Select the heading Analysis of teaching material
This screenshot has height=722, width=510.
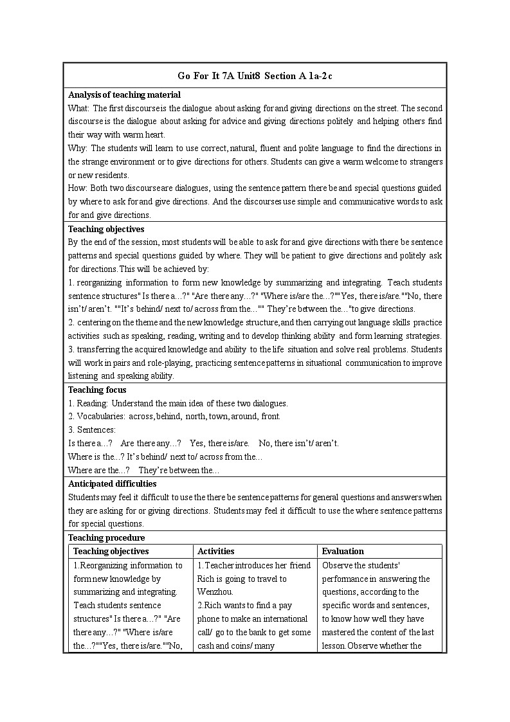point(116,95)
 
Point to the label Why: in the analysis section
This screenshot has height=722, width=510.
point(78,148)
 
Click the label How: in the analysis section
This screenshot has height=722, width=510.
point(78,188)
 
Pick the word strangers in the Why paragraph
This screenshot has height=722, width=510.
point(424,161)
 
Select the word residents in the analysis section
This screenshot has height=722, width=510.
point(111,175)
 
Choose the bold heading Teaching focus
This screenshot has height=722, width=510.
point(97,390)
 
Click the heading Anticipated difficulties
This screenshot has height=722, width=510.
point(112,483)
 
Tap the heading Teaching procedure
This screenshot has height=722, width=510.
point(106,537)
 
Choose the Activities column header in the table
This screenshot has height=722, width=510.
point(215,551)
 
